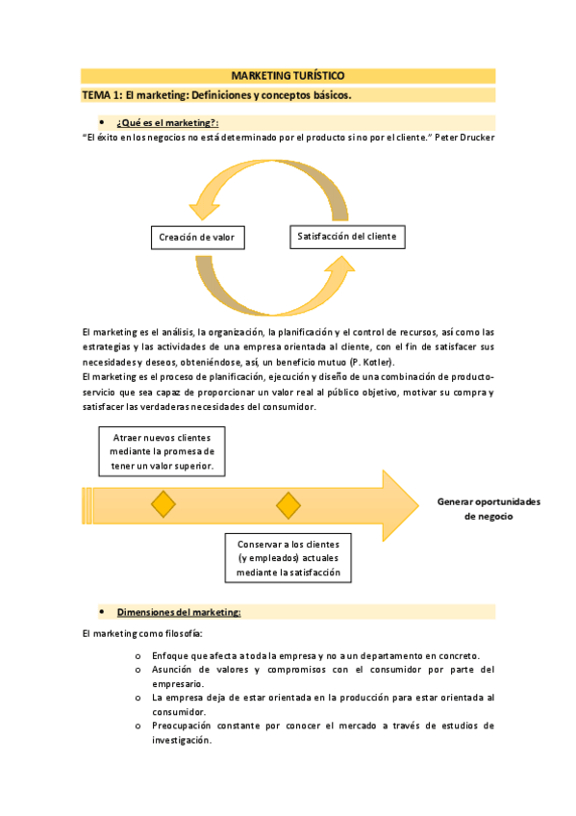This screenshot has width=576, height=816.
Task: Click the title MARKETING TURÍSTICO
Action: (x=288, y=75)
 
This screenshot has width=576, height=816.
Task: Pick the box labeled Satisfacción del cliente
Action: (x=346, y=236)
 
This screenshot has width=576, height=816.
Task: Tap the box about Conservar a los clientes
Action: (x=288, y=557)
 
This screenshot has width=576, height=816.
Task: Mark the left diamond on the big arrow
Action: (x=163, y=504)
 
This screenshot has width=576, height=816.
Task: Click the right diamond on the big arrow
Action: (x=288, y=504)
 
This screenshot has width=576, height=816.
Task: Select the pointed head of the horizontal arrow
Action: (x=399, y=503)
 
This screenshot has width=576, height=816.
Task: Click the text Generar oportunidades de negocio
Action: (x=488, y=509)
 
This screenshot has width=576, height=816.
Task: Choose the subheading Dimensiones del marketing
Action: (x=179, y=612)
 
